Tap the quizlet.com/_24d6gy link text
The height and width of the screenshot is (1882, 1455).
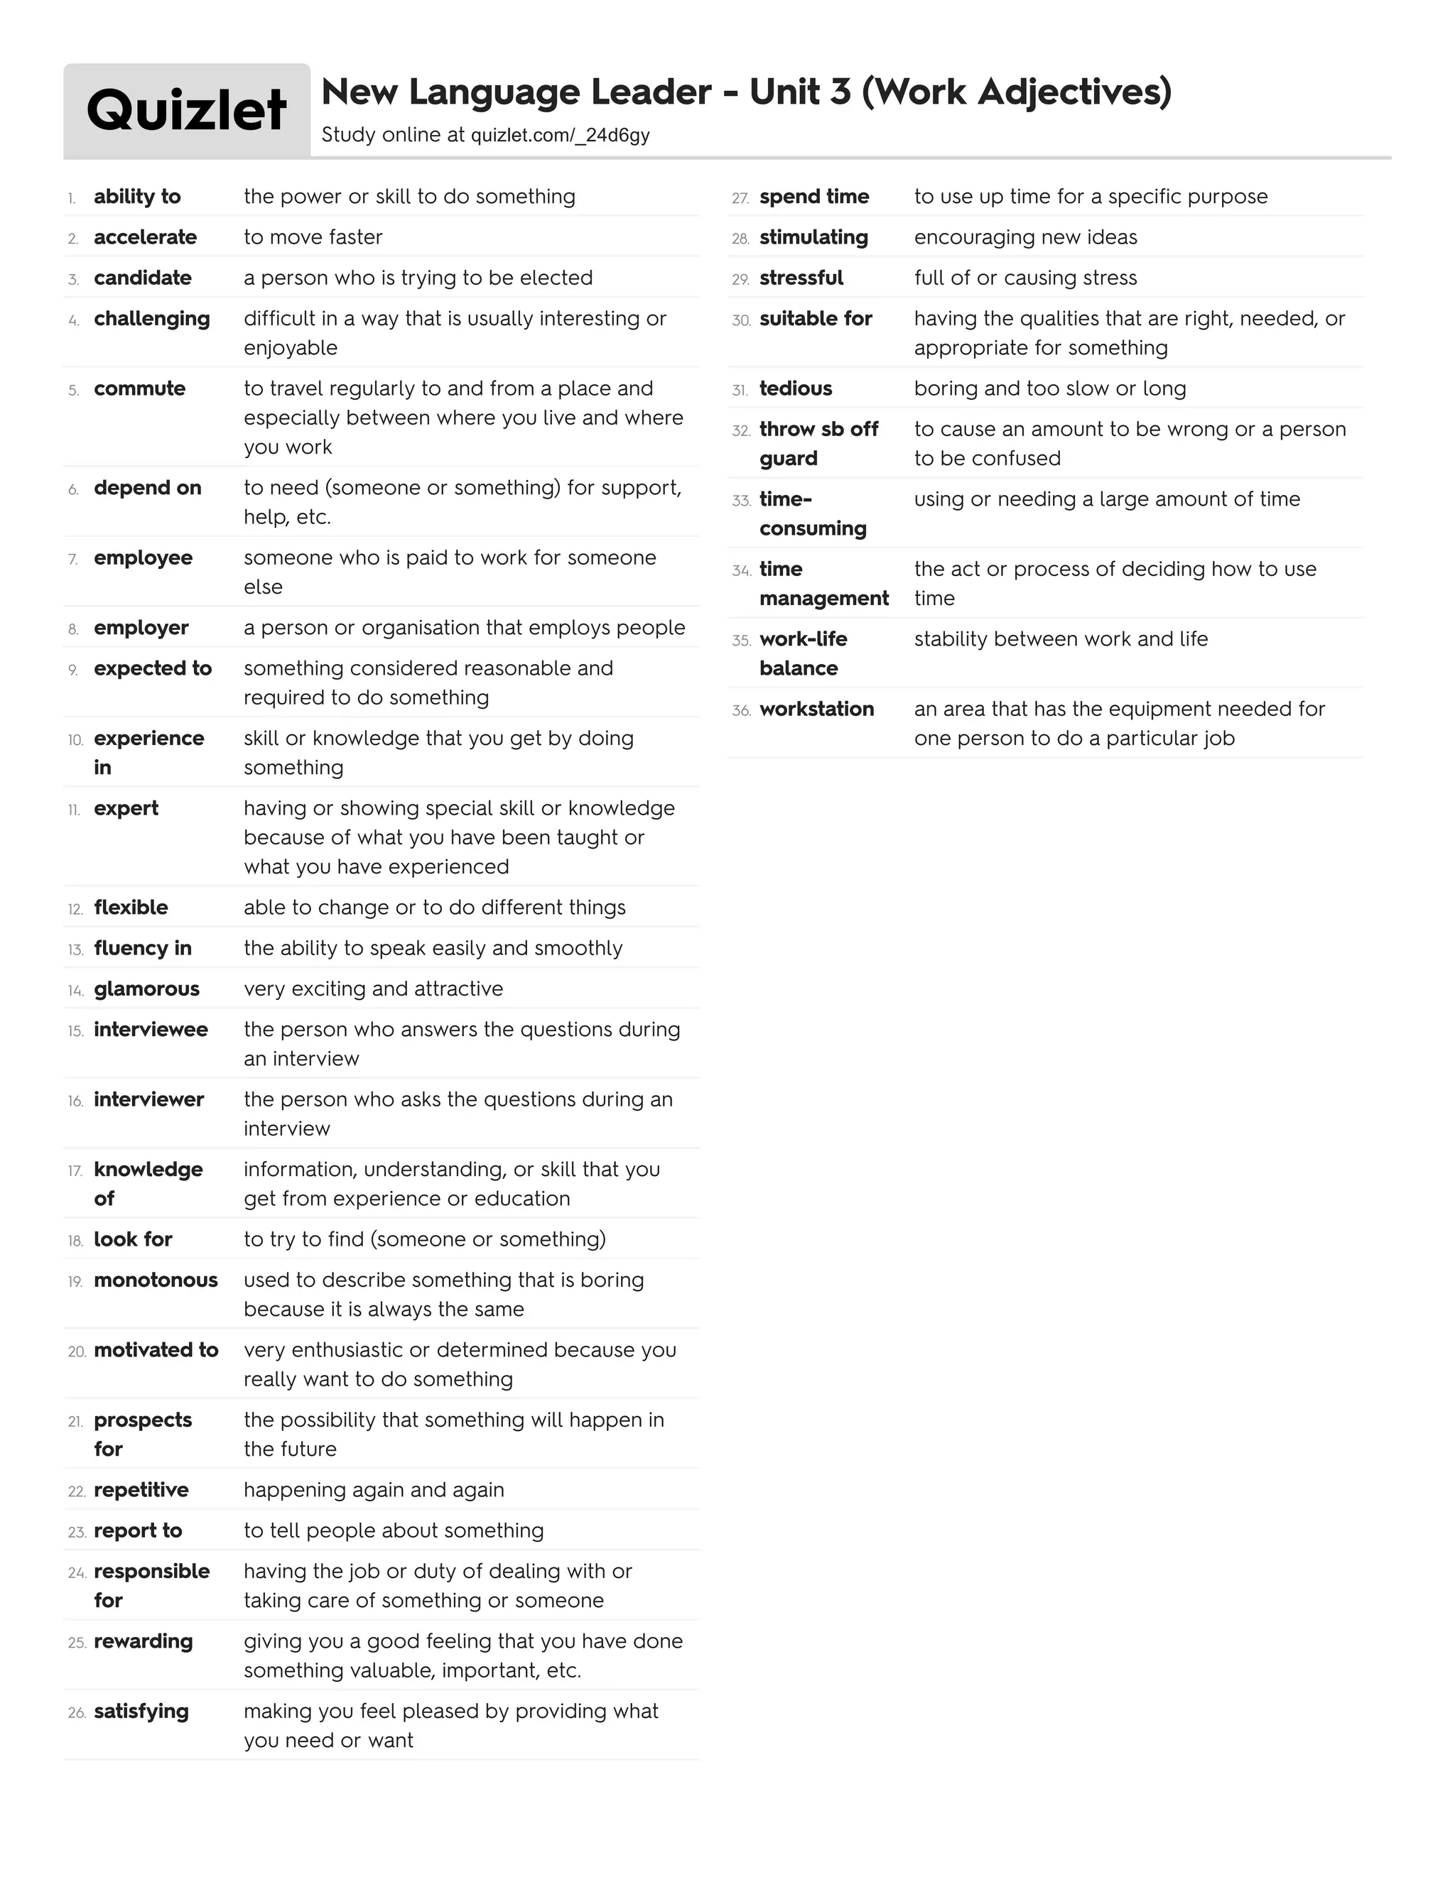pos(561,135)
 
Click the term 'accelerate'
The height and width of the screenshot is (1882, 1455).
pos(145,237)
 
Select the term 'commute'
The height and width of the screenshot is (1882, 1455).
pos(140,388)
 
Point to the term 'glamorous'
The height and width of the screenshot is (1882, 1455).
pos(146,989)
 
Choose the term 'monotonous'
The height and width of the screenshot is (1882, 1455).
pos(155,1280)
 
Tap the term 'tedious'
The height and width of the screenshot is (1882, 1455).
pos(796,388)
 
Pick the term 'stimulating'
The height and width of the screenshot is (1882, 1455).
pos(813,237)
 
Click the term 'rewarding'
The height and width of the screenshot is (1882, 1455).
pos(143,1641)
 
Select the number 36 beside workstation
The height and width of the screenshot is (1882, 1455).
pos(740,711)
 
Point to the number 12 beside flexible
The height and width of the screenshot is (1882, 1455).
pos(75,909)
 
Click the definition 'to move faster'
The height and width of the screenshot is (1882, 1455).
pos(313,237)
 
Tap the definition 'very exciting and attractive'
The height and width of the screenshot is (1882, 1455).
pos(373,989)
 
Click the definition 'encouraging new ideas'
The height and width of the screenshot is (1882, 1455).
pos(1026,237)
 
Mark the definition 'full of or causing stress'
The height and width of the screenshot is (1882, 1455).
pos(1026,278)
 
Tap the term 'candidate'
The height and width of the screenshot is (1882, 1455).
pos(142,278)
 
